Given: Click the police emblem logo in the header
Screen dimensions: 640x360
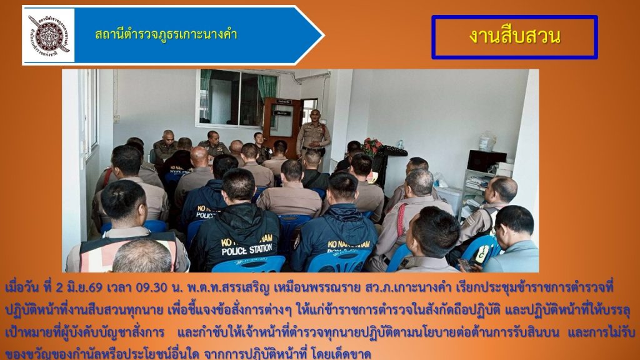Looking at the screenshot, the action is (49, 36).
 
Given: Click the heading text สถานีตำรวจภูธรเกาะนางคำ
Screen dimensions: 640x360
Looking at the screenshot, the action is (166, 34).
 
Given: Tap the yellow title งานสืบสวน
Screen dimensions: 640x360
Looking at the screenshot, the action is (515, 36).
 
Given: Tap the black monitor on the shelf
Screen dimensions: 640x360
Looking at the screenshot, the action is (486, 161).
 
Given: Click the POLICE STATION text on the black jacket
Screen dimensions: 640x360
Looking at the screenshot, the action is (247, 249).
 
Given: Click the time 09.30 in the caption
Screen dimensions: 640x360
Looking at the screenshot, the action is (152, 287).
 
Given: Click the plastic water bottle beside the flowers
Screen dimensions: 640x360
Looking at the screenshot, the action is (401, 144).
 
